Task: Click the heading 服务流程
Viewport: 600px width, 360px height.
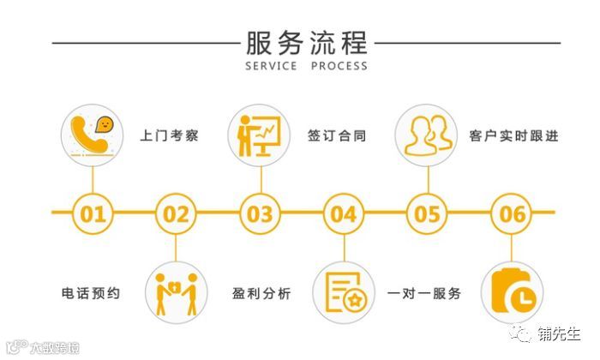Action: (x=306, y=41)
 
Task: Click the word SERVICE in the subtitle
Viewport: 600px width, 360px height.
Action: (x=272, y=66)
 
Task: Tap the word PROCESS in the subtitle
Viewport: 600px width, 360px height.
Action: (x=339, y=66)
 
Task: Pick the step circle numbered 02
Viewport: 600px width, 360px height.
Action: (x=176, y=213)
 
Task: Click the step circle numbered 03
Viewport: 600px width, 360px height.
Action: (x=260, y=213)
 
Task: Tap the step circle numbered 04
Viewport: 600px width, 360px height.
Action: (x=344, y=213)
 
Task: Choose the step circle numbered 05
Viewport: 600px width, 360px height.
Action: (x=427, y=213)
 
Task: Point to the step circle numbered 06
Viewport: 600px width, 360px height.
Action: (x=512, y=213)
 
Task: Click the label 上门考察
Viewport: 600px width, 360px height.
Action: (x=169, y=135)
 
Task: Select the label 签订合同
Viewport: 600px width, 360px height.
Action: (x=337, y=135)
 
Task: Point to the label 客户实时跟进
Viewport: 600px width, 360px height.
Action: (x=513, y=135)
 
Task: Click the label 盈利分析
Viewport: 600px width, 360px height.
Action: (x=261, y=294)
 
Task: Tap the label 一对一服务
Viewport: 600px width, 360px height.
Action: (x=424, y=294)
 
